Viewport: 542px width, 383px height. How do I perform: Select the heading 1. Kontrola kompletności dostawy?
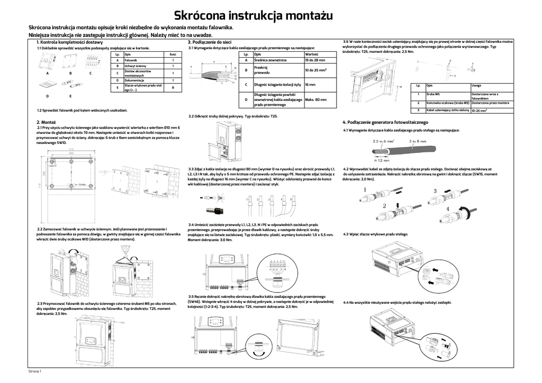pos(69,42)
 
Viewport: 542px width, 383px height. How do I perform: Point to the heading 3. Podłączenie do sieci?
pos(210,42)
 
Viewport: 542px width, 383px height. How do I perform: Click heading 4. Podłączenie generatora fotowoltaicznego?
pos(385,122)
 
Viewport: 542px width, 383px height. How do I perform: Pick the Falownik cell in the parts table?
pos(131,60)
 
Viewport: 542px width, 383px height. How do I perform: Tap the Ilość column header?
pos(173,54)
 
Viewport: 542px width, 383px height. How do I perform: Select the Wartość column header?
pos(312,54)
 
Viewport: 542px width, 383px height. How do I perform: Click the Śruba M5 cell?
pos(434,94)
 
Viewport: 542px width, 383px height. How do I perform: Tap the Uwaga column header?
pos(476,85)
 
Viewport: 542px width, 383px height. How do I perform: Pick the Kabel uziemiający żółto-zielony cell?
pos(448,110)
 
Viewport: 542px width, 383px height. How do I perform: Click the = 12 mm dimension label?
pos(384,160)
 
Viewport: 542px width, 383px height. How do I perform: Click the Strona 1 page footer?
pos(34,372)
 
